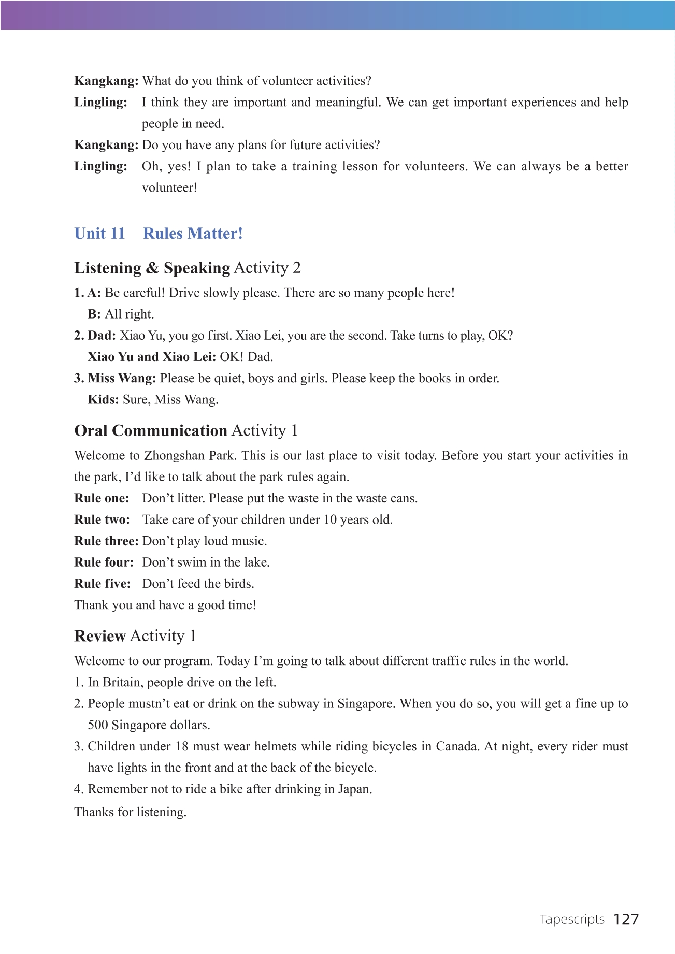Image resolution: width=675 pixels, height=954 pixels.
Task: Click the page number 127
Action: [x=626, y=919]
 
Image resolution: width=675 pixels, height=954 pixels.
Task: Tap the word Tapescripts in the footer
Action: [x=572, y=920]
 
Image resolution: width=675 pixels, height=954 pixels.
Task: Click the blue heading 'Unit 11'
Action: [x=99, y=234]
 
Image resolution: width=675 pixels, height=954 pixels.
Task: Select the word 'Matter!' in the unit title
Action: [x=218, y=234]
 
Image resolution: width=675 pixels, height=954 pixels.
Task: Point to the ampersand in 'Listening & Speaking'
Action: [x=152, y=268]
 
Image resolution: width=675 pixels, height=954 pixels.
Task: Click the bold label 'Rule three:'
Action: [x=106, y=541]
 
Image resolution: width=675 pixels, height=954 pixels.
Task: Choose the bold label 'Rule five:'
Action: [x=103, y=584]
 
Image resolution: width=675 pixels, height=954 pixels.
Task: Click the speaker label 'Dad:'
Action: [x=102, y=336]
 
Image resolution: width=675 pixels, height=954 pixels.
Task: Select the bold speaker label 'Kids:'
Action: [x=103, y=400]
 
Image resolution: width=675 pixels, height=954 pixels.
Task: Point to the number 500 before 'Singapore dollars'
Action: [x=98, y=725]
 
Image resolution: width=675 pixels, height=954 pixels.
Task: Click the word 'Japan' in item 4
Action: [x=354, y=789]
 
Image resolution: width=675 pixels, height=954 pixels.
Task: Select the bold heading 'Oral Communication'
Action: [x=151, y=431]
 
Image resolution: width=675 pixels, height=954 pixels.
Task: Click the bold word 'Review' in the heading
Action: [x=100, y=636]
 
